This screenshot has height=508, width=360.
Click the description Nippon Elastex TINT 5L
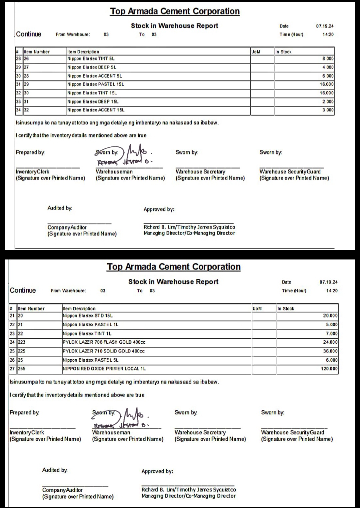tap(91, 59)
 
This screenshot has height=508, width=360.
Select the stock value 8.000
tap(328, 59)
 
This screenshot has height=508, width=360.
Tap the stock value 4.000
tap(328, 67)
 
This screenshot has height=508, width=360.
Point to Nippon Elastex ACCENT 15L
tap(96, 110)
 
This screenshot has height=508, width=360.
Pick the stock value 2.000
tap(328, 102)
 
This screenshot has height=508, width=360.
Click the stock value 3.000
tap(328, 110)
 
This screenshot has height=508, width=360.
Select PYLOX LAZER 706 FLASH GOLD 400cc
tap(104, 342)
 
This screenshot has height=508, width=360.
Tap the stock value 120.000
tap(329, 369)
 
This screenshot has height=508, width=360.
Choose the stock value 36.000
tap(330, 351)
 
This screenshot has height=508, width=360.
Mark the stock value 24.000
tap(330, 342)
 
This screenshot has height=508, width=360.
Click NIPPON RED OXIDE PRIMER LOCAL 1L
tap(104, 369)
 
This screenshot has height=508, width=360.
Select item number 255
tap(21, 369)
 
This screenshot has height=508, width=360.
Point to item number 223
tap(21, 342)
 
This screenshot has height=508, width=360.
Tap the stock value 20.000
tap(330, 316)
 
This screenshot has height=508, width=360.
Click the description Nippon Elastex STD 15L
tap(88, 316)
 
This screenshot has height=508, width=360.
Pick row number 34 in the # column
tap(18, 110)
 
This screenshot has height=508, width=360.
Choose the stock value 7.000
tap(331, 334)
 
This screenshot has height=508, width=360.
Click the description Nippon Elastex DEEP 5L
tap(92, 67)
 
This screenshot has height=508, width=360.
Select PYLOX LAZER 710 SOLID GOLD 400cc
tap(104, 351)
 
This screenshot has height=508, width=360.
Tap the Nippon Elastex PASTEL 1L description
tap(90, 325)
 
